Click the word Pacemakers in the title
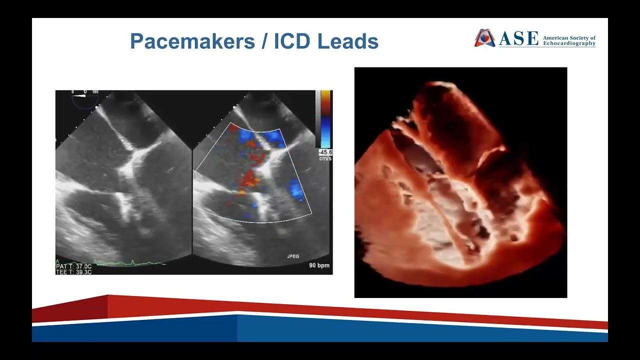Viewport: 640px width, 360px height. coord(192,41)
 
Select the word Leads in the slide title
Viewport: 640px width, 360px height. coord(348,41)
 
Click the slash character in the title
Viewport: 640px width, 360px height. coord(264,41)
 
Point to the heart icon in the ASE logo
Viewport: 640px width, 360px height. coord(484,38)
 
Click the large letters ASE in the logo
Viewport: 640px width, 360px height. coord(518,38)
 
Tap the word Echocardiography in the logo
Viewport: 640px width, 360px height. coord(569,43)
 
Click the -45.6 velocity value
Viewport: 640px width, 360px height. coord(326,152)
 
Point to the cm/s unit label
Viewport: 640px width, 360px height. coord(325,158)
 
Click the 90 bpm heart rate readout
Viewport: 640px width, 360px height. coord(319,265)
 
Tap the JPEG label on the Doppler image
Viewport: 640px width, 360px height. coord(292,256)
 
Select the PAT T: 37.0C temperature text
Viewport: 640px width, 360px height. coord(73,266)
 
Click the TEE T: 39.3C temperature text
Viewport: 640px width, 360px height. coord(73,272)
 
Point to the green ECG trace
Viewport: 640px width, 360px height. coord(125,262)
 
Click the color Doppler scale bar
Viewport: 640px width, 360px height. coord(325,119)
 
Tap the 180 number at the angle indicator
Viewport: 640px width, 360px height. coord(95,92)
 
